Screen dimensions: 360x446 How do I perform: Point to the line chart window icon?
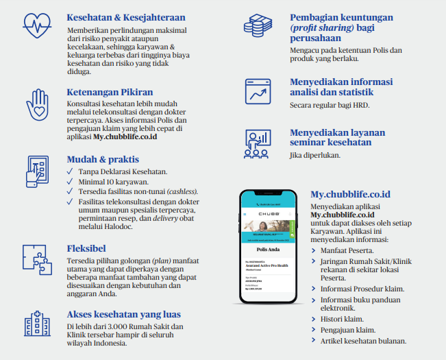pos(259,91)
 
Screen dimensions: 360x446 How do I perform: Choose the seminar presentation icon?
pos(259,142)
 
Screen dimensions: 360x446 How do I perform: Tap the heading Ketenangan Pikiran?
pos(110,91)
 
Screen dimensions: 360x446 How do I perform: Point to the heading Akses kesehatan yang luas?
pos(124,314)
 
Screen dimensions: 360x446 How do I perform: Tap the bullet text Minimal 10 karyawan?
pos(113,181)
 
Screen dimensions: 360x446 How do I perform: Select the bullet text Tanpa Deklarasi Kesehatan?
pos(123,171)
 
